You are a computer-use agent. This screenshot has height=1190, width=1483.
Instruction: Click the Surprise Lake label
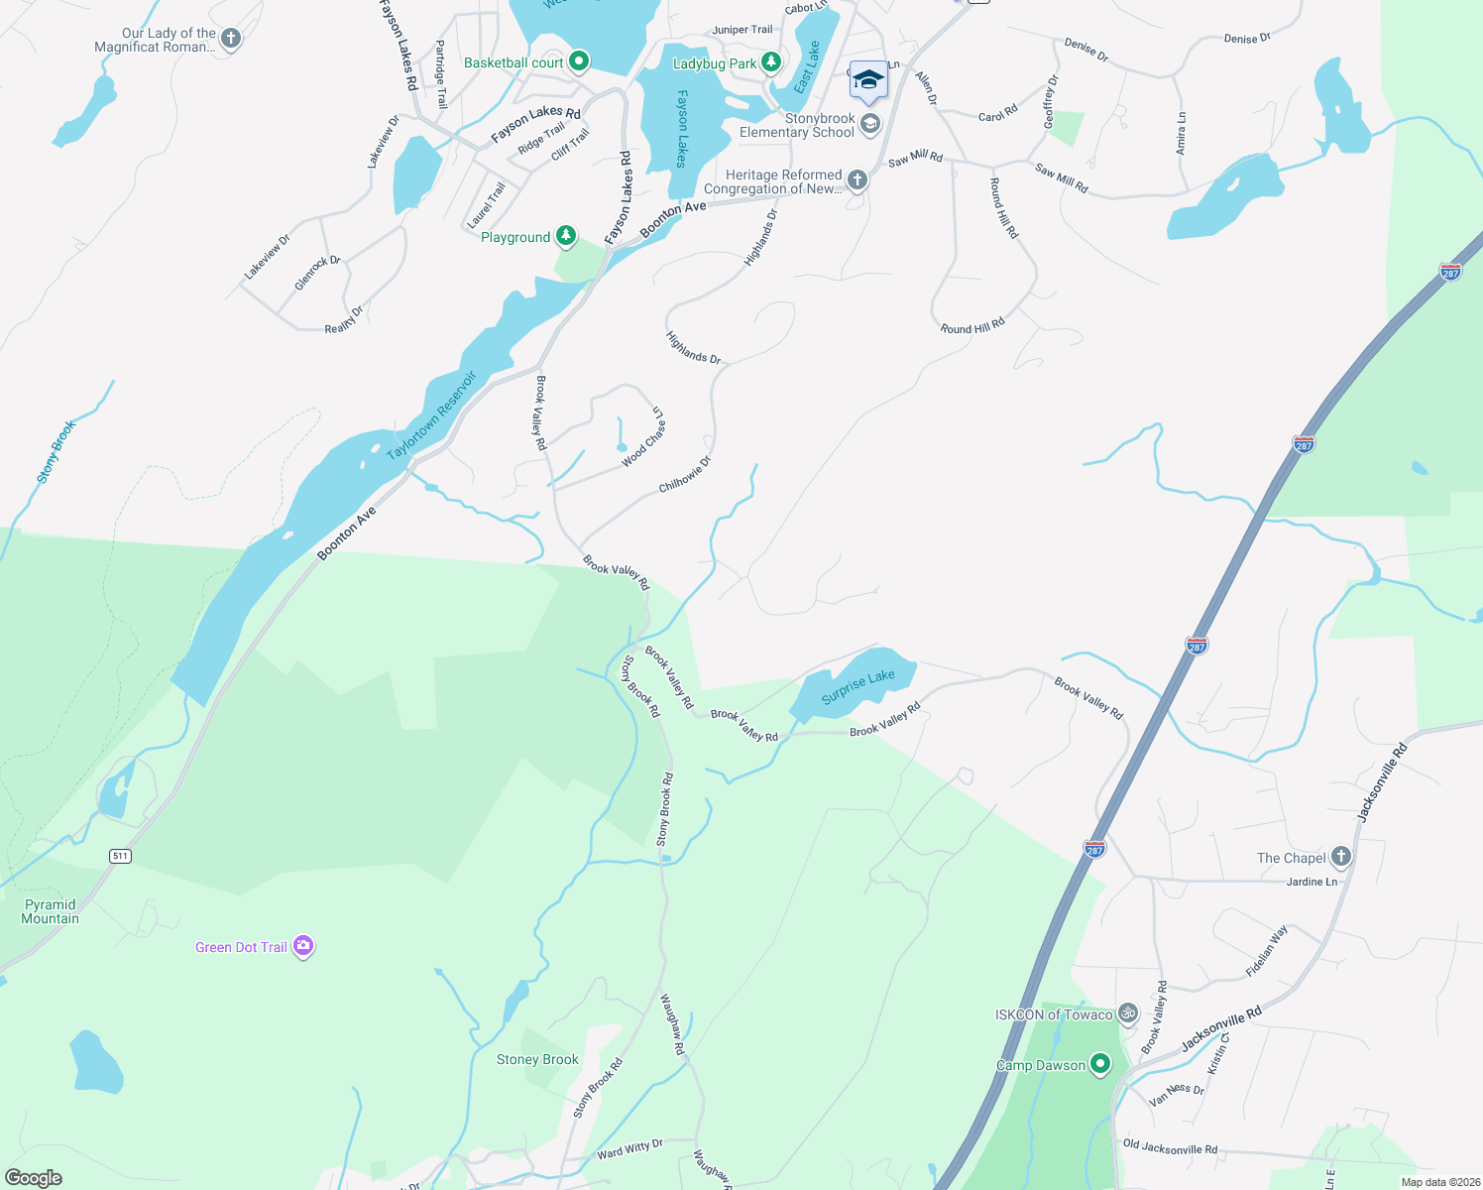[857, 686]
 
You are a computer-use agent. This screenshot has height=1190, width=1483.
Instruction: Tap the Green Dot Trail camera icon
[304, 946]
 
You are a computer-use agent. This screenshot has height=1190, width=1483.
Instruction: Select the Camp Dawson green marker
[1100, 1065]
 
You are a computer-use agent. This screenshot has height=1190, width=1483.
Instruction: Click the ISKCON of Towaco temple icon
[1128, 1013]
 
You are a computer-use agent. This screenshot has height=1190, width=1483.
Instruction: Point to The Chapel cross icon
[1340, 857]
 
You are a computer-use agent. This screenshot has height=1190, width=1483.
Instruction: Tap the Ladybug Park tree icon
[771, 63]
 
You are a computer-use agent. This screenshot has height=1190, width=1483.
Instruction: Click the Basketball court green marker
[579, 62]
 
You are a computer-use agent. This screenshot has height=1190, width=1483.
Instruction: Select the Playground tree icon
[565, 236]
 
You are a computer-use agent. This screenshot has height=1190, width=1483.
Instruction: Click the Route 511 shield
[120, 856]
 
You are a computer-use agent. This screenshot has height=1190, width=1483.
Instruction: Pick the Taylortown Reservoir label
[432, 415]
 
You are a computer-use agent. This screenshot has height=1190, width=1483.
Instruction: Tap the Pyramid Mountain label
[51, 911]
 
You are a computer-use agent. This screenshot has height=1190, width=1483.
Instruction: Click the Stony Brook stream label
[57, 451]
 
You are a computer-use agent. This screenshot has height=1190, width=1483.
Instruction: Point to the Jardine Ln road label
[1312, 882]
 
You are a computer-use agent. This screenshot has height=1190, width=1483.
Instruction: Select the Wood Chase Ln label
[644, 436]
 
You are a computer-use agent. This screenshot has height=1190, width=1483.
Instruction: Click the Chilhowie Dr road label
[685, 474]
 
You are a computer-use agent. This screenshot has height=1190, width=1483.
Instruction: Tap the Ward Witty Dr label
[629, 1149]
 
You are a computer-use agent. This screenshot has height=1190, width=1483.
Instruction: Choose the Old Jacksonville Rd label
[1170, 1148]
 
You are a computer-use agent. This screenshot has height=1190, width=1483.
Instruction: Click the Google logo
[33, 1177]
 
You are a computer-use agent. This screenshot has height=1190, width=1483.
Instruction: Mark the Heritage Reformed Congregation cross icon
[857, 180]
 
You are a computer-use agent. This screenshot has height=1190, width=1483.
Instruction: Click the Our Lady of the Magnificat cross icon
[231, 39]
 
